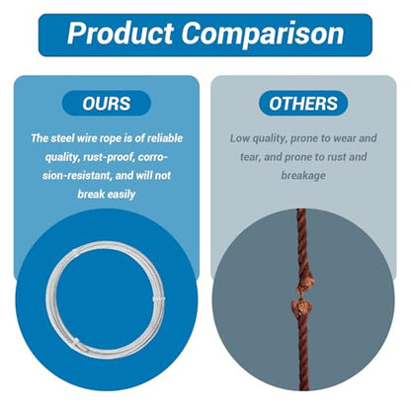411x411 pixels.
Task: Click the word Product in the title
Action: [121, 34]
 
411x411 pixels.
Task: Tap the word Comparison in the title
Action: [263, 34]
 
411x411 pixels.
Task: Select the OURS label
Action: [107, 104]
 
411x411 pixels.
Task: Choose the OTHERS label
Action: [303, 104]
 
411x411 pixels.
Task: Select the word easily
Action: [122, 195]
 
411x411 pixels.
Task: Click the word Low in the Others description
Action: [240, 138]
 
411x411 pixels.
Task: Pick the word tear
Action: [250, 157]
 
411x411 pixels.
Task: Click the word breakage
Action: [303, 176]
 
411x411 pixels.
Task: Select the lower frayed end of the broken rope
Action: [301, 307]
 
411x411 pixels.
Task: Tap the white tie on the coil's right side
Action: [159, 299]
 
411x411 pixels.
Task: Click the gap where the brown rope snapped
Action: [302, 296]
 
